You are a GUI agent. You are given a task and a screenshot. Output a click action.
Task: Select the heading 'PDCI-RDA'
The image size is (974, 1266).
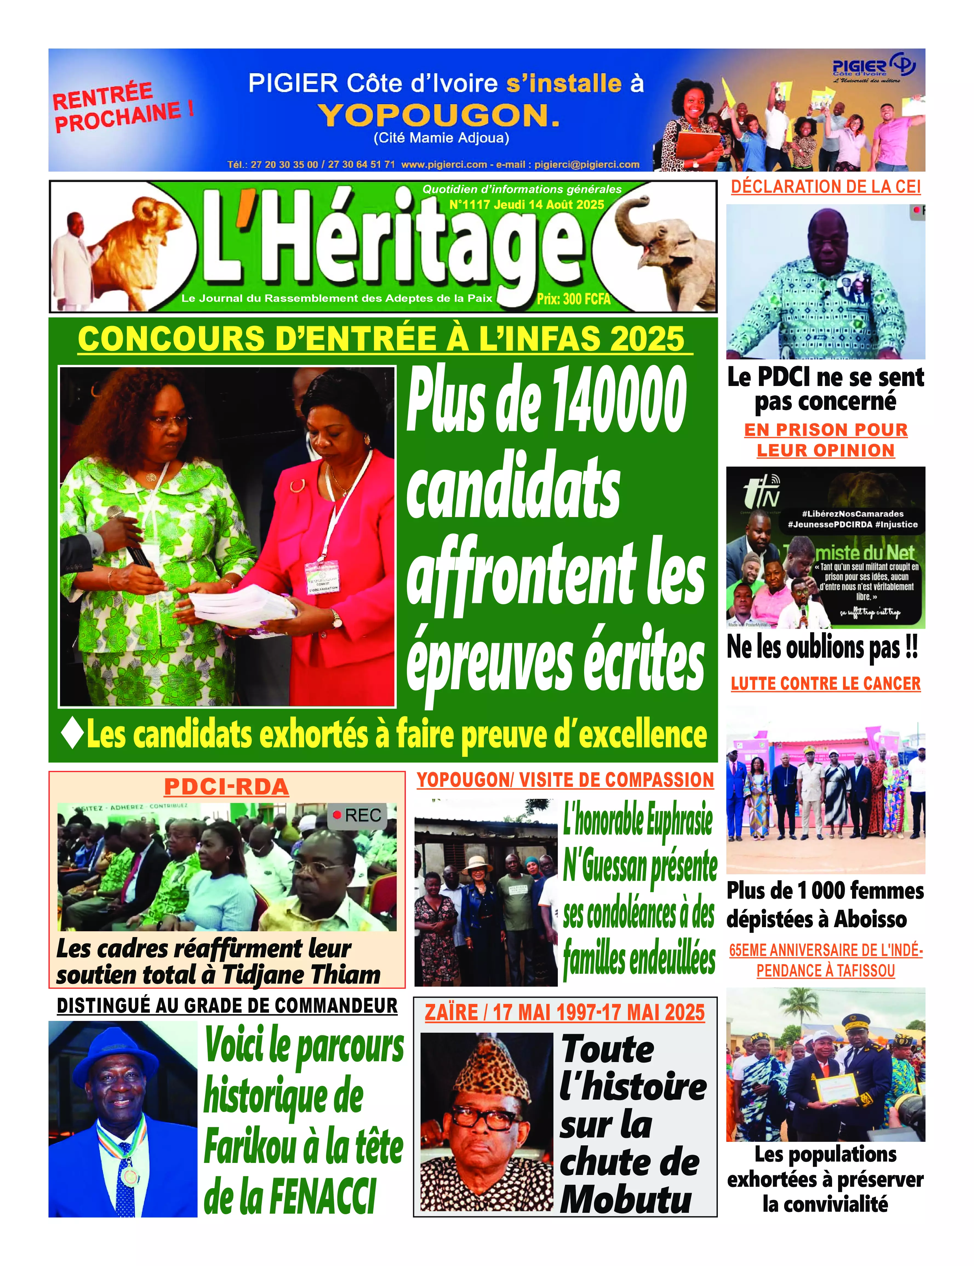tap(227, 787)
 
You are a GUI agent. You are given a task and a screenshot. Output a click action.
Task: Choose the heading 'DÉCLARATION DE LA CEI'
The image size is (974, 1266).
tap(826, 187)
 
